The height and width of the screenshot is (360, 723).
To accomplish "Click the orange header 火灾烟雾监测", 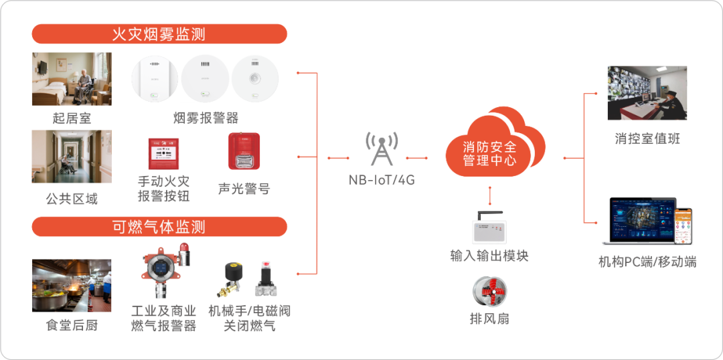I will click(159, 34).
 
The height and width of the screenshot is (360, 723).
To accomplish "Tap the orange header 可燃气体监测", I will click(159, 227).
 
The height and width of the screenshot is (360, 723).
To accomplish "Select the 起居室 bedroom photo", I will click(72, 78).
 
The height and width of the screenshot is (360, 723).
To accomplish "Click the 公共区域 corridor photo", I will click(72, 157).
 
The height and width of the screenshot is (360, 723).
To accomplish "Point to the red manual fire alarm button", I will click(163, 154).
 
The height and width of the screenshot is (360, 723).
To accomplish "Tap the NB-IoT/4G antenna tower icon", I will click(382, 148).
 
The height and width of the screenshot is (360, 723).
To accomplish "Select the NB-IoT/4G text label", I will click(382, 179).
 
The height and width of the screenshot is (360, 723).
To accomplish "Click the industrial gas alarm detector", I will click(160, 274).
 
